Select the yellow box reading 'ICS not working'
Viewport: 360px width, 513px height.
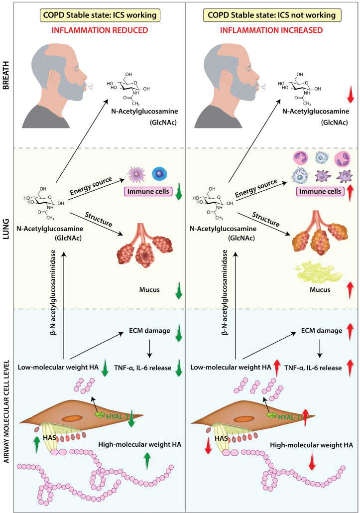272,15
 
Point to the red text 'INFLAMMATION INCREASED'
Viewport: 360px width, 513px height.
272,30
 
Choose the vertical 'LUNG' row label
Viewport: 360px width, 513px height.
6,227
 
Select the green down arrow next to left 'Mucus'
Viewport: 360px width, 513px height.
178,291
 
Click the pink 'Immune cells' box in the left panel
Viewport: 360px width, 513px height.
144,192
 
